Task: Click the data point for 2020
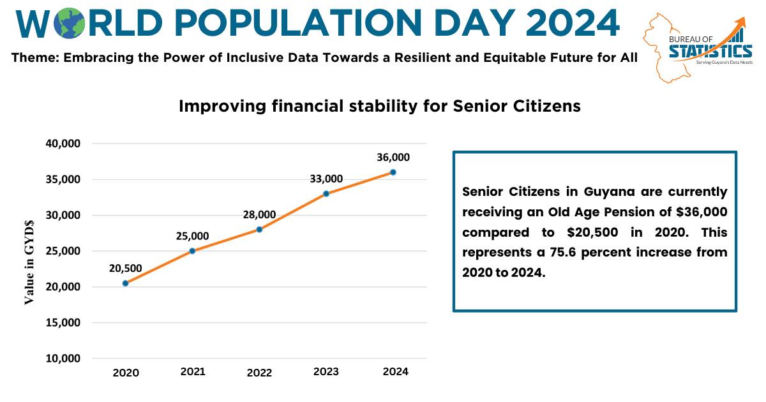(x=126, y=283)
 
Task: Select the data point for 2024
(x=393, y=172)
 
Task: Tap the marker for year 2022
(x=259, y=229)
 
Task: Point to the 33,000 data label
(x=326, y=179)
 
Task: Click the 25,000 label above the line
(x=193, y=236)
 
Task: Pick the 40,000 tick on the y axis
(x=63, y=144)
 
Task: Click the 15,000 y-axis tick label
(x=63, y=323)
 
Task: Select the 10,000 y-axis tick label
(x=63, y=359)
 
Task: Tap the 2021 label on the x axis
(x=193, y=371)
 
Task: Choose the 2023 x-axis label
(x=326, y=371)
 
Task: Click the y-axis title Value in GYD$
(x=29, y=262)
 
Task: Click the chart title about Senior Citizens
(x=380, y=106)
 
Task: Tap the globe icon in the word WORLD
(x=70, y=23)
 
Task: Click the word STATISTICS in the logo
(x=710, y=51)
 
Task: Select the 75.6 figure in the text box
(x=562, y=252)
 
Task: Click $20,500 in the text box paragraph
(x=592, y=232)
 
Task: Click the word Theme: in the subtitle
(x=36, y=57)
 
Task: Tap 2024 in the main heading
(x=573, y=23)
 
